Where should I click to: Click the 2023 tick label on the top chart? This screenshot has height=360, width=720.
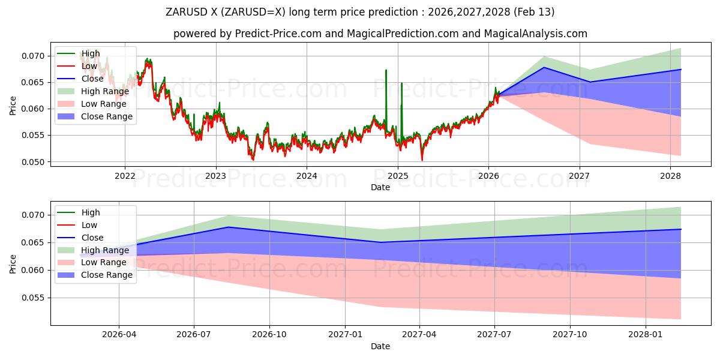(215, 176)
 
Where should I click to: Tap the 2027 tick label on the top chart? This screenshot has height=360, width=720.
(579, 176)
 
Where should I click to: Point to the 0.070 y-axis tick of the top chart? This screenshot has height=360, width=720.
(33, 56)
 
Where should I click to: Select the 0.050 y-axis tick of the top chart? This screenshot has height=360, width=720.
(33, 162)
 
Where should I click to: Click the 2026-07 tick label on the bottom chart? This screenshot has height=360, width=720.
(194, 335)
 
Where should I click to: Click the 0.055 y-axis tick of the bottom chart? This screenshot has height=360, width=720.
(33, 298)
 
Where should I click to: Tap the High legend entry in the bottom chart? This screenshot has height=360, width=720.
(91, 212)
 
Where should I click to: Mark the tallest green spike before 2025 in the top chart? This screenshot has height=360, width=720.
(386, 70)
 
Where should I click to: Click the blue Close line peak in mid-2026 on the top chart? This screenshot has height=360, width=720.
(544, 67)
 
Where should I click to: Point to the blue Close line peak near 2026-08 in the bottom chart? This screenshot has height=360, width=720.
(229, 227)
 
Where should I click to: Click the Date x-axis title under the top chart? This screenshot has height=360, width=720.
(380, 187)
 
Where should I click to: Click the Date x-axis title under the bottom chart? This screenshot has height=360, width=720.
(380, 346)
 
